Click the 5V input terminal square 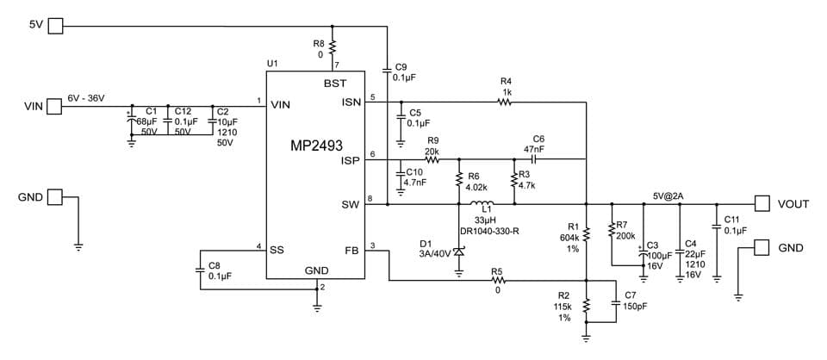coord(55,26)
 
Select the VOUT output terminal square coord(762,203)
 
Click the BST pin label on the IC coord(335,84)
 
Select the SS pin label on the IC coord(277,251)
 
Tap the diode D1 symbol coord(458,253)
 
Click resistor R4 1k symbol coord(505,102)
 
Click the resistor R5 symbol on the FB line coord(496,281)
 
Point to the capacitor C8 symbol coord(200,269)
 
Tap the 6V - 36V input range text coord(86,97)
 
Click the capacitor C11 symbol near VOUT coord(717,227)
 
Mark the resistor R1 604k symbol coord(586,233)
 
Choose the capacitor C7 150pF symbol coord(617,302)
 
